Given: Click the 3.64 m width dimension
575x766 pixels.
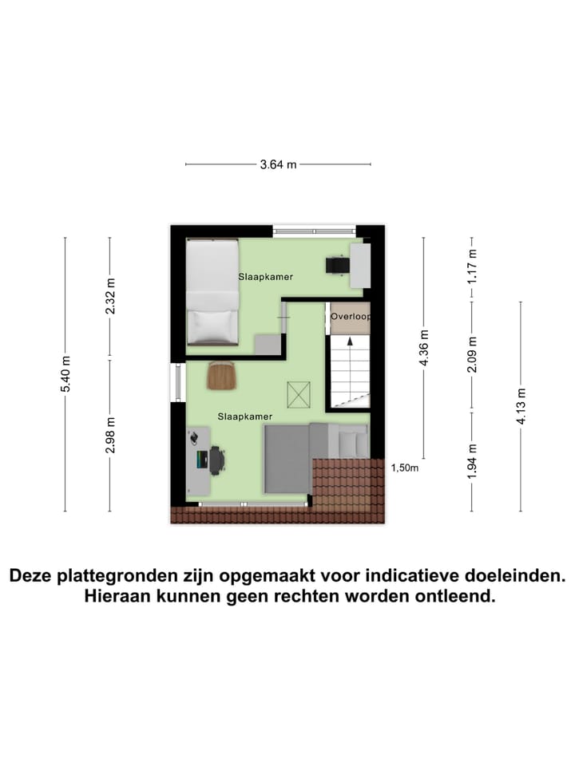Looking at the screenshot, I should (278, 165).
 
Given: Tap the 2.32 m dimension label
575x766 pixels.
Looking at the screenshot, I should (110, 297).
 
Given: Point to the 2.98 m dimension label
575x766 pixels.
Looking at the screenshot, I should (110, 436).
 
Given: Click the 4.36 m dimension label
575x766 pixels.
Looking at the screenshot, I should (424, 349).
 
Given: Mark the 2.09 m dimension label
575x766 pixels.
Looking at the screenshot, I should (472, 353).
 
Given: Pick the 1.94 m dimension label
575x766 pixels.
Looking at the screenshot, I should (472, 462).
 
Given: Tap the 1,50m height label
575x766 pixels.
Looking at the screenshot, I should (405, 468).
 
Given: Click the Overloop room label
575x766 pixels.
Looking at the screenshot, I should (351, 317).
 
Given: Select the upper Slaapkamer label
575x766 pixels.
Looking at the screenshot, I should (265, 277).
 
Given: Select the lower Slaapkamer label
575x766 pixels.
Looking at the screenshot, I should (245, 417).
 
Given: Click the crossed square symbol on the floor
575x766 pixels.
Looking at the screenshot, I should (299, 393).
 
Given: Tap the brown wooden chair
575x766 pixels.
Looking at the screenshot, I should (221, 375).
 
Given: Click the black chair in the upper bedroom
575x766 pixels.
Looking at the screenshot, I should (336, 265).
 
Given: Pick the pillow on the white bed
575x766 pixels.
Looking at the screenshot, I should (212, 325).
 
